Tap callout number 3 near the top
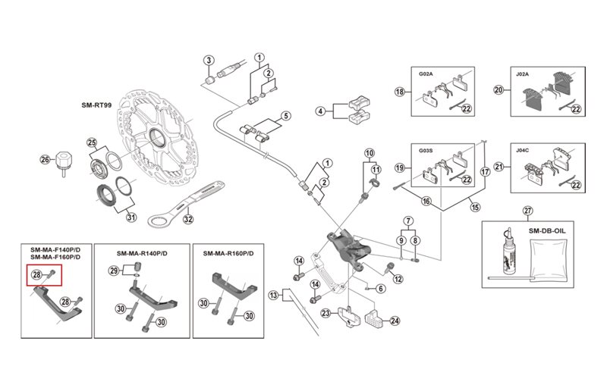click(x=209, y=61)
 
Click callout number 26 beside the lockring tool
click(x=44, y=160)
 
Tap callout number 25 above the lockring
click(x=92, y=143)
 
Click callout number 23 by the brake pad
click(x=325, y=313)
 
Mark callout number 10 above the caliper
click(x=370, y=154)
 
